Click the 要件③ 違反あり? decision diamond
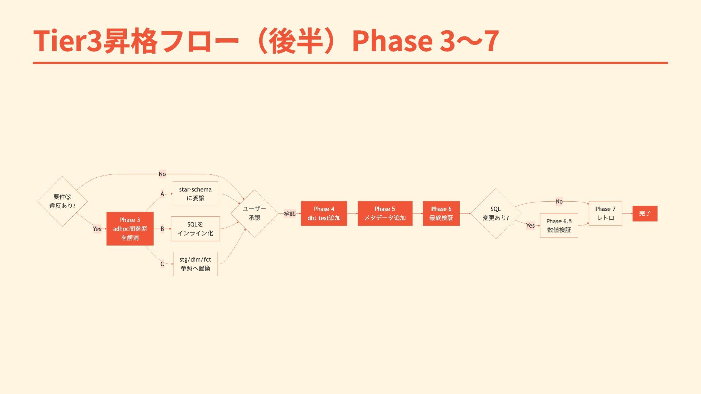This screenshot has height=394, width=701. [62, 201]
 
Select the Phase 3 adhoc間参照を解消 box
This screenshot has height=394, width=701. [130, 229]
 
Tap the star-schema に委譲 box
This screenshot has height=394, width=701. [195, 194]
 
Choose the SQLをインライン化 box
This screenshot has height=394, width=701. [195, 229]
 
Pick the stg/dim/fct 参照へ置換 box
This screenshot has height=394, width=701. [195, 264]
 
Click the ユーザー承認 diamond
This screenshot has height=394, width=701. [254, 213]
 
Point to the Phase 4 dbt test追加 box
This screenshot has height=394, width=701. [324, 213]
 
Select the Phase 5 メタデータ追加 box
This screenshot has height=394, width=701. [385, 213]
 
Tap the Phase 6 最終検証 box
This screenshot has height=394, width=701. [441, 213]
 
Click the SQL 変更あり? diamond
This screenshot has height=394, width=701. [495, 213]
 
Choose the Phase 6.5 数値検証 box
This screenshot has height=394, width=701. [559, 225]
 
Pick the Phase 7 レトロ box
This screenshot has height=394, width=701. [605, 213]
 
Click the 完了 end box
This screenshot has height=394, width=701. [645, 213]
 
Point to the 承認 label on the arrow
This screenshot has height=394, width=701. [290, 213]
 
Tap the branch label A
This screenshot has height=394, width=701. [162, 194]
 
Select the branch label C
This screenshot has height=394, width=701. [162, 264]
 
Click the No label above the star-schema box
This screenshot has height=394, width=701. [162, 174]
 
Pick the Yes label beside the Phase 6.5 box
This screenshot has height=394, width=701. [530, 225]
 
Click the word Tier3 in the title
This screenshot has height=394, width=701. [68, 40]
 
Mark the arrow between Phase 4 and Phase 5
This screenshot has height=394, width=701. [352, 213]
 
